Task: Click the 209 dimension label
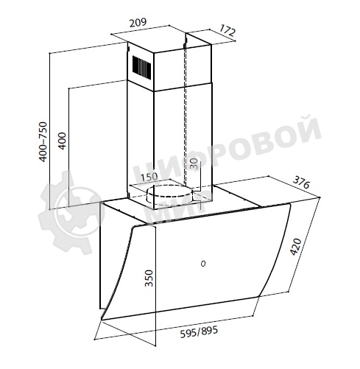pyautogui.click(x=138, y=23)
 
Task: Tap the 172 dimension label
pyautogui.click(x=227, y=30)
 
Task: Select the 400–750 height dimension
pyautogui.click(x=43, y=141)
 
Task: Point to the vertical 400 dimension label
pyautogui.click(x=62, y=141)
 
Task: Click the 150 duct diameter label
pyautogui.click(x=149, y=177)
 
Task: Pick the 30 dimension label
pyautogui.click(x=194, y=164)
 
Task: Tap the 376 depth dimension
pyautogui.click(x=301, y=183)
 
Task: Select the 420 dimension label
pyautogui.click(x=295, y=247)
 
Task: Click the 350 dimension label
pyautogui.click(x=149, y=278)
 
